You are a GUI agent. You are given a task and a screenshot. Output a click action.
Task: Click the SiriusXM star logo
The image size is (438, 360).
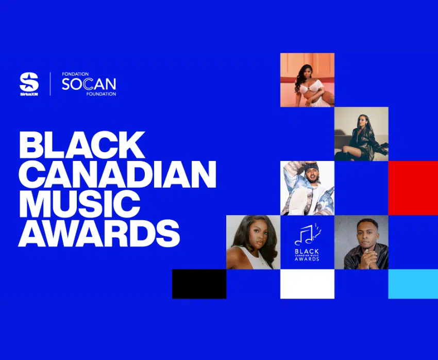click(x=29, y=81)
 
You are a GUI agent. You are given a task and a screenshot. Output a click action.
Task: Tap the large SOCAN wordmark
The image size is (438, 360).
click(x=89, y=84)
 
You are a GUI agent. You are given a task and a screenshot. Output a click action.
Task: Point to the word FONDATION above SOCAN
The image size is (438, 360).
click(x=75, y=74)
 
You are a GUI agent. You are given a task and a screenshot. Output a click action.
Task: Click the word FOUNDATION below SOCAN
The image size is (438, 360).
click(x=101, y=94)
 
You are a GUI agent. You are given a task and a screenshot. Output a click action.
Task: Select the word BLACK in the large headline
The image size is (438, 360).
click(x=82, y=145)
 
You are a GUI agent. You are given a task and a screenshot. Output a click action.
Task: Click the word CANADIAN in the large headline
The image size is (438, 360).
click(x=117, y=174)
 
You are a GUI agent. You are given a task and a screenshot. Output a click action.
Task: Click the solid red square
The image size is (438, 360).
click(x=413, y=188)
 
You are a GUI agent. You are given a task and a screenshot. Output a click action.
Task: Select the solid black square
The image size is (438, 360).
click(x=199, y=284)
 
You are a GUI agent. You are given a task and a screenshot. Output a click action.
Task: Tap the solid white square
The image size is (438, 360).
click(x=307, y=284)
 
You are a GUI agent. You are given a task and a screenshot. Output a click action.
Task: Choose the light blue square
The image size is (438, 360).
click(x=413, y=284)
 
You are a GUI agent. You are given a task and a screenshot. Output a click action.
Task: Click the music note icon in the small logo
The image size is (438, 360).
click(x=307, y=235)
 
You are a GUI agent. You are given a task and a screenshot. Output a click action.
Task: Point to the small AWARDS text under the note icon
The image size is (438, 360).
click(x=307, y=259)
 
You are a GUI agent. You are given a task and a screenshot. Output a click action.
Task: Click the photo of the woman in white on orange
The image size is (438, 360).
click(x=307, y=80)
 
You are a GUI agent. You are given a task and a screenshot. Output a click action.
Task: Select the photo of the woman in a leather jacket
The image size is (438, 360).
click(x=361, y=134)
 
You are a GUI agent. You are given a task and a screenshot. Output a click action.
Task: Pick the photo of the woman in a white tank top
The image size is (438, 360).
click(x=254, y=242)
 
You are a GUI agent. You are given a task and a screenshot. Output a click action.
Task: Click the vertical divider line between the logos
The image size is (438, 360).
click(x=50, y=84)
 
